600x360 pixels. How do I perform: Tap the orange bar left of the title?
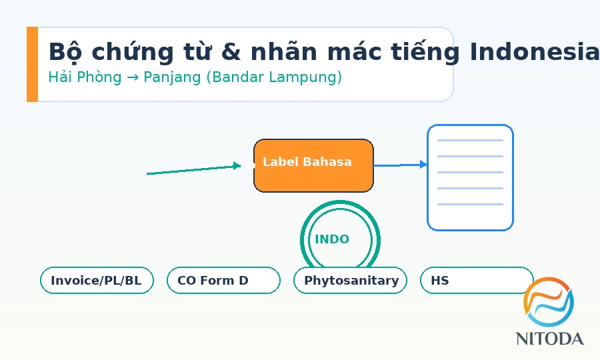coord(32,64)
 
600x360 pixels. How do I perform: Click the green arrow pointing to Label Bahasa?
coord(193,169)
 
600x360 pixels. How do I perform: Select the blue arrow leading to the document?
coord(400,165)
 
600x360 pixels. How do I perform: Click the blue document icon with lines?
coord(470,177)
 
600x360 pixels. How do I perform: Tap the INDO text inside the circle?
coord(332,239)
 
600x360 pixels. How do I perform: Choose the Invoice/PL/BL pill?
coord(97,281)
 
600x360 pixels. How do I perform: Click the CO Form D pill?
coord(223,281)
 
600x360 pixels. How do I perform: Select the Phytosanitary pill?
coord(351,281)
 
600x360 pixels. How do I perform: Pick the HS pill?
coord(476,281)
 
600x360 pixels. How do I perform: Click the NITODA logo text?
coord(549,339)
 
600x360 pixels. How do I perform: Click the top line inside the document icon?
coord(470,141)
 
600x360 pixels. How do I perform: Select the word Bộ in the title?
coord(65,52)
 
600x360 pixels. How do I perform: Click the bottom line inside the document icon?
coord(470,204)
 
